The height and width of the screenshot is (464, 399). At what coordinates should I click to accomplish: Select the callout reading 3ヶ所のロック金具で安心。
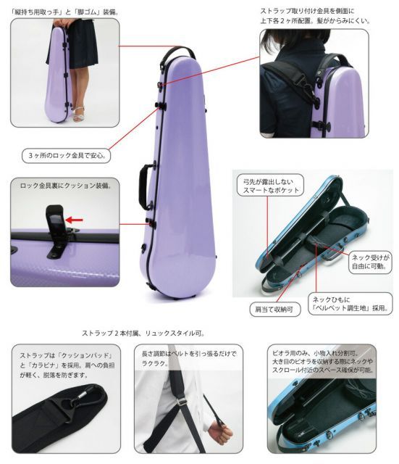pyautogui.click(x=69, y=156)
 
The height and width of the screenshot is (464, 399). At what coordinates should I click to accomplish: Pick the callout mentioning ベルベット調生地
pyautogui.click(x=350, y=304)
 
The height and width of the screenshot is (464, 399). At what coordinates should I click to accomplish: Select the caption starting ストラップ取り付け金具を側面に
pyautogui.click(x=315, y=17)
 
